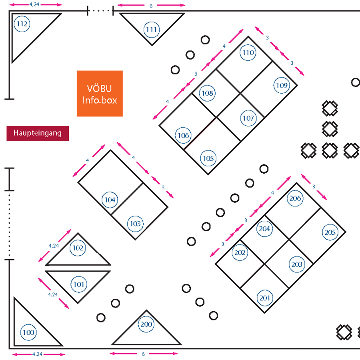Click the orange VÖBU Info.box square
point(100,94)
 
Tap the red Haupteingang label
point(38,133)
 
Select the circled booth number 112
point(22,24)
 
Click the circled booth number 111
point(152,30)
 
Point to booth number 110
point(248,53)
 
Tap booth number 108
point(208,93)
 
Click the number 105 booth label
point(208,158)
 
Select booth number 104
point(110,200)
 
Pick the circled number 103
point(136,224)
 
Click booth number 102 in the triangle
point(78,248)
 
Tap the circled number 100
point(28,332)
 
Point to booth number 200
point(146,324)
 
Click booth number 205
point(330,232)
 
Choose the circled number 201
point(265,298)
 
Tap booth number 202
point(240,253)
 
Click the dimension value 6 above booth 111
point(151,6)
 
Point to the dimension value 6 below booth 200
point(143,354)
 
